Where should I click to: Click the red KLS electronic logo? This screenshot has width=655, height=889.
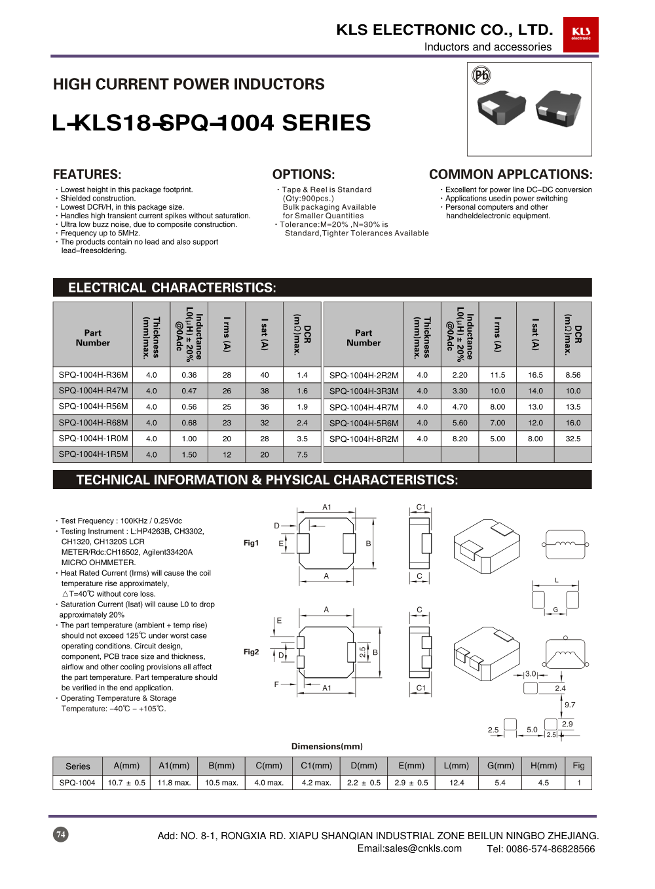click(x=580, y=34)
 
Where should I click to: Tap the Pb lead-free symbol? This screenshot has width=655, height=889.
click(x=481, y=75)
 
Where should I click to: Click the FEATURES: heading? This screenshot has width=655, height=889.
click(x=87, y=174)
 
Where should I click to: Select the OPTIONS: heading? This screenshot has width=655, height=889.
click(x=303, y=174)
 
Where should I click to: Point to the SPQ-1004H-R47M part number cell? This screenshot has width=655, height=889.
click(x=93, y=391)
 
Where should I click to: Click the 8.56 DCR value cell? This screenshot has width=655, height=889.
click(x=572, y=375)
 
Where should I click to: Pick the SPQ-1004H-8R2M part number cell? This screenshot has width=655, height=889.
click(x=364, y=439)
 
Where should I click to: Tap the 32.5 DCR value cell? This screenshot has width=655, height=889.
click(x=572, y=439)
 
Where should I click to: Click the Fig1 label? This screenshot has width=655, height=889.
click(x=251, y=543)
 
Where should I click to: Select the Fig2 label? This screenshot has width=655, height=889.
click(x=251, y=652)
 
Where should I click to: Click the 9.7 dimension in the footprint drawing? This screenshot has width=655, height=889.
click(x=570, y=705)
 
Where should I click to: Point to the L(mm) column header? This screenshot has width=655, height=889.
click(x=457, y=766)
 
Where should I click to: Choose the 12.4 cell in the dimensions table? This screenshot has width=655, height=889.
click(x=457, y=783)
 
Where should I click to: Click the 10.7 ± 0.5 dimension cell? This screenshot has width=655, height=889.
click(x=126, y=783)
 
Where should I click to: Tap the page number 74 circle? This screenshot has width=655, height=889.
click(x=60, y=835)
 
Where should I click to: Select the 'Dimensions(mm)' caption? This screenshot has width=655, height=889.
click(x=327, y=747)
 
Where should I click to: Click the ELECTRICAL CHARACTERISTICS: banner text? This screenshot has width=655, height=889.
click(x=172, y=288)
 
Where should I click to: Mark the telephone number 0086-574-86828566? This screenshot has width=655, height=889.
click(x=557, y=849)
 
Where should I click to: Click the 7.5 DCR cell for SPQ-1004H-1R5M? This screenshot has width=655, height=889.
click(x=302, y=455)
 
